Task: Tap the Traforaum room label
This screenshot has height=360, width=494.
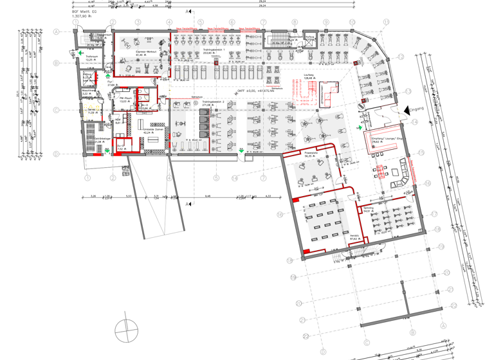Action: click(x=91, y=57)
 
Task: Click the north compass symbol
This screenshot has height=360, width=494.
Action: click(x=127, y=332)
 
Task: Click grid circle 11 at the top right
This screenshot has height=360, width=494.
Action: click(x=386, y=22)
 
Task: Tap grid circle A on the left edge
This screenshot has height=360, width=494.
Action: click(x=57, y=32)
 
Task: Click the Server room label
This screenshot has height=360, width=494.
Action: click(x=91, y=110)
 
